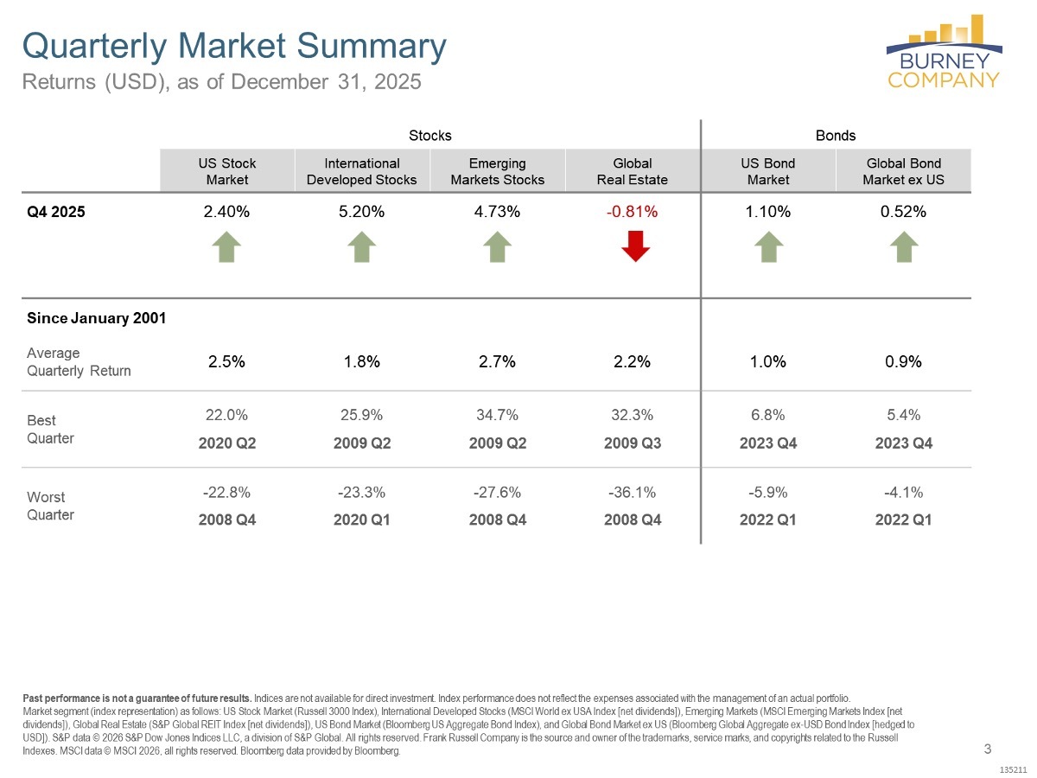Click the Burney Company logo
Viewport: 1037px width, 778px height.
point(944,52)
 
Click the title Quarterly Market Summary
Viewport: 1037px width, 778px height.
point(233,47)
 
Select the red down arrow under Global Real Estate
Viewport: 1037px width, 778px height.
point(635,247)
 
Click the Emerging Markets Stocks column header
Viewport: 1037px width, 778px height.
point(498,171)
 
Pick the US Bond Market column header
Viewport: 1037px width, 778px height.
point(768,171)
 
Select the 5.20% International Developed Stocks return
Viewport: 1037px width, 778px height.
point(362,213)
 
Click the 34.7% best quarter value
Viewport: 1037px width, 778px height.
point(497,415)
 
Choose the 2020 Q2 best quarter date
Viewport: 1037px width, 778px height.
point(226,443)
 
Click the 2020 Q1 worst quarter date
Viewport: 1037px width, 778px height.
point(362,520)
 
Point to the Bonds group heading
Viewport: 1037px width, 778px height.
point(836,136)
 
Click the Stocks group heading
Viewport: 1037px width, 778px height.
point(429,136)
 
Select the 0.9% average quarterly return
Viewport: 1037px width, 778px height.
point(903,362)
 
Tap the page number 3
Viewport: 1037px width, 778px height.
point(988,749)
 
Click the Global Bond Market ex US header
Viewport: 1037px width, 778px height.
point(903,171)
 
